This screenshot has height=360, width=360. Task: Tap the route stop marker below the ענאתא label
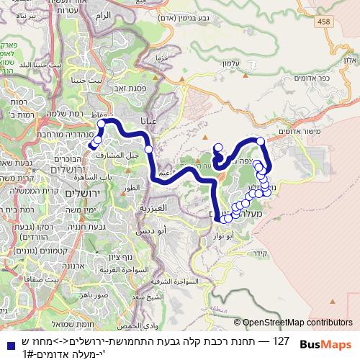(x=148, y=149)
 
